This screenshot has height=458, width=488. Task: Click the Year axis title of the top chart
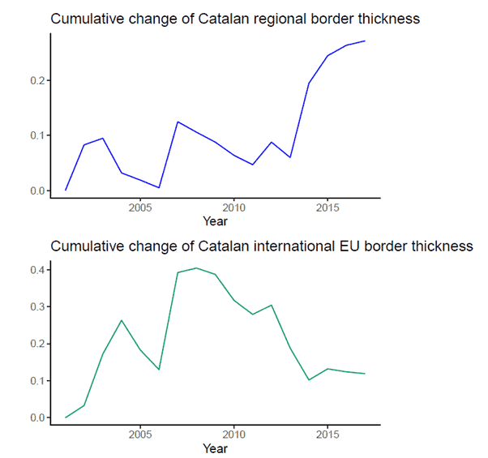click(x=216, y=221)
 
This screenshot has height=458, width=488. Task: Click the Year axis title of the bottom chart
click(x=216, y=448)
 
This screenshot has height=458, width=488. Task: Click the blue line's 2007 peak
click(x=178, y=122)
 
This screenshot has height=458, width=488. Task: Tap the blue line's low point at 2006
click(x=159, y=187)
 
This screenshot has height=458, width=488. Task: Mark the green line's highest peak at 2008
click(x=196, y=268)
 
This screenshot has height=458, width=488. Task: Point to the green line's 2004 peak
click(x=122, y=320)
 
